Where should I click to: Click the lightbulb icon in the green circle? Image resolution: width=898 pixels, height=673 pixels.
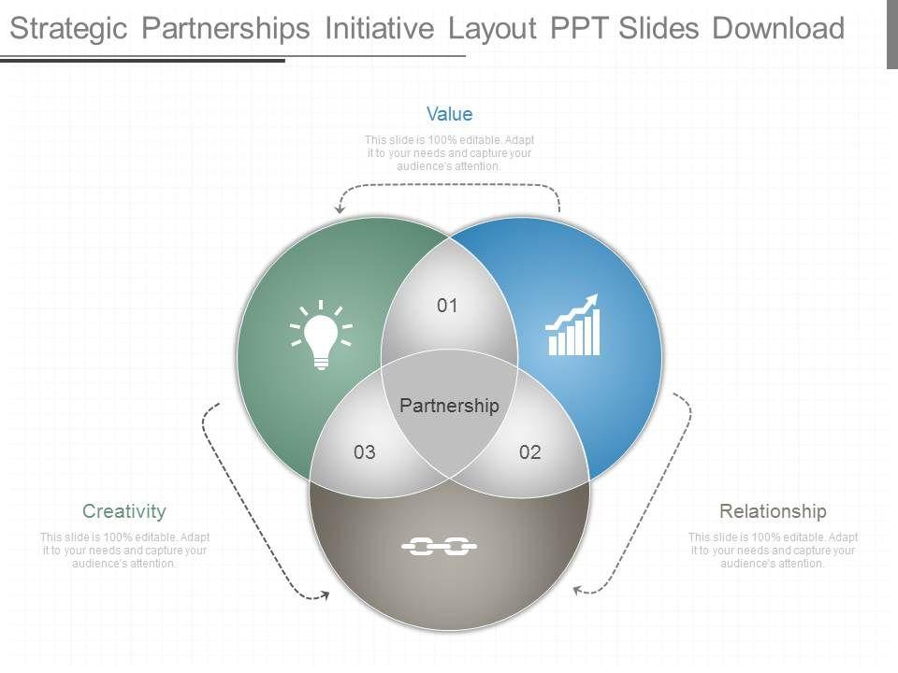[x=321, y=336]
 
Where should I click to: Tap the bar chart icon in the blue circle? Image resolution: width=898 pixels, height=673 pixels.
[x=573, y=326]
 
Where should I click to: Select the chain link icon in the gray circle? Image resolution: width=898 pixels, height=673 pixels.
[x=440, y=547]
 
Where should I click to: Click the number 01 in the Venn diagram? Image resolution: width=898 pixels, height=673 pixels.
[x=448, y=306]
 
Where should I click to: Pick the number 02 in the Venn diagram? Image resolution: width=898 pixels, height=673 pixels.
[x=530, y=452]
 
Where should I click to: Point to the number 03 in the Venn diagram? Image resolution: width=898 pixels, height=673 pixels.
[x=365, y=452]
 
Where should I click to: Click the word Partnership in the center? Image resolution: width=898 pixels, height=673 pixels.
[x=449, y=406]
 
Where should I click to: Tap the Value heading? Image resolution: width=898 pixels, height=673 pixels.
[x=449, y=114]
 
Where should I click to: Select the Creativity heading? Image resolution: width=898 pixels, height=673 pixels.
[x=124, y=511]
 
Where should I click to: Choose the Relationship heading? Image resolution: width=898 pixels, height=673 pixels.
[x=773, y=511]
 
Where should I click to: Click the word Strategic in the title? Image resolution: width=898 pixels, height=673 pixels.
[x=68, y=29]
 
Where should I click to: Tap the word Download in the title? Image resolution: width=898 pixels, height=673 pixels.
[x=778, y=29]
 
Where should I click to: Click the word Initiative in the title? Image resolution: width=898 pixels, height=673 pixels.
[x=379, y=29]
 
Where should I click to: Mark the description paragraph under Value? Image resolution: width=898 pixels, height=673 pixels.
[x=449, y=153]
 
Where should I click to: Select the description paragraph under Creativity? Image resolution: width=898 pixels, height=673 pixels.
[x=124, y=551]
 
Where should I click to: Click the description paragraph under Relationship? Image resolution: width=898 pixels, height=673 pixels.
[x=773, y=551]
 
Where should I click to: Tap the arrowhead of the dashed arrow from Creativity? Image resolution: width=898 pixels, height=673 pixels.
[x=324, y=594]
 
